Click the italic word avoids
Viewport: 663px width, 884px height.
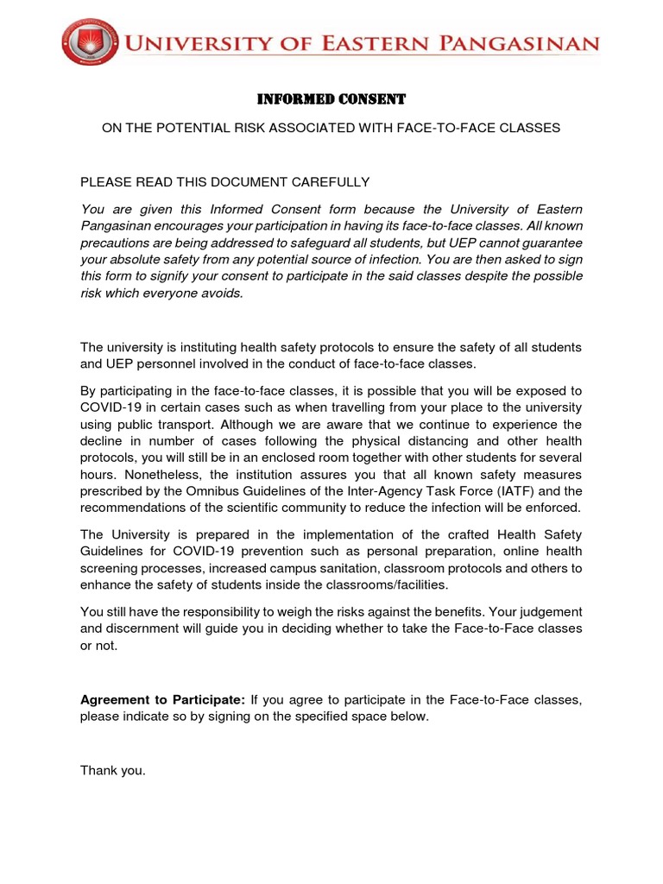223,293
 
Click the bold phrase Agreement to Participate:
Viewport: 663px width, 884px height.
163,700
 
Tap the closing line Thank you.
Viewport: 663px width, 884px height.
113,770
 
